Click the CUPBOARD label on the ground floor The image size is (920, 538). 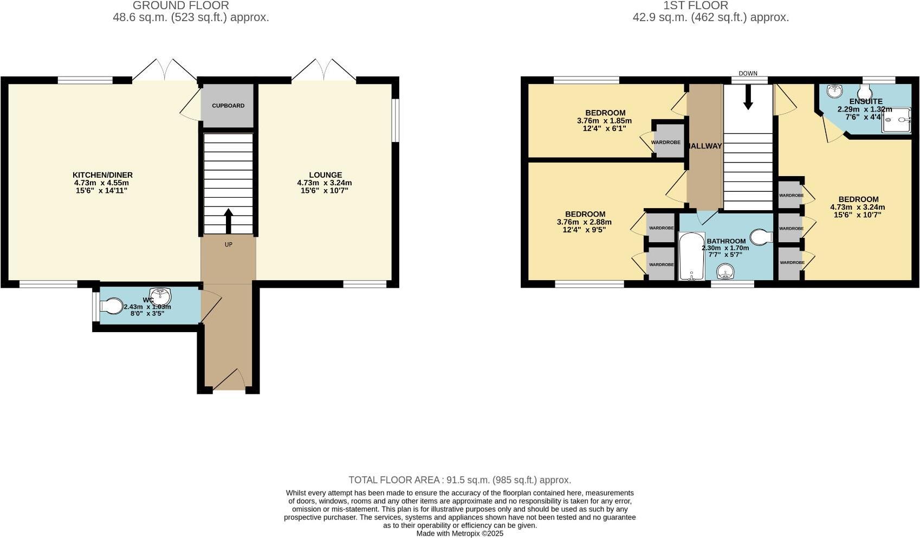pos(228,106)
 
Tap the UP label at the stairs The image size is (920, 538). pos(229,245)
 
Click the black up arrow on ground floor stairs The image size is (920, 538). pos(228,221)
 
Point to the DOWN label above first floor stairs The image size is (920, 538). pos(748,74)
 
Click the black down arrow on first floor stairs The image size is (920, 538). pos(748,99)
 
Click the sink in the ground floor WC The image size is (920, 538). pos(160,296)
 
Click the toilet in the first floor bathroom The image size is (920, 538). pos(762,237)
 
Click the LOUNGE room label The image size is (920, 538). pos(325,175)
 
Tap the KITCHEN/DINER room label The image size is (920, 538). pos(102,175)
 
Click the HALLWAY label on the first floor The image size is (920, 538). pos(705,146)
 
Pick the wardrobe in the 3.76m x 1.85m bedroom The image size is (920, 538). pos(666,142)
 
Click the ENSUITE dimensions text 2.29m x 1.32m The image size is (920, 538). pos(864,109)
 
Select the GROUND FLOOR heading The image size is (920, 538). pos(180,5)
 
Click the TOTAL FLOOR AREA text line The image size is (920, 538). pos(459,480)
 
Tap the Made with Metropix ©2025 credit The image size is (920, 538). pos(459,534)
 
